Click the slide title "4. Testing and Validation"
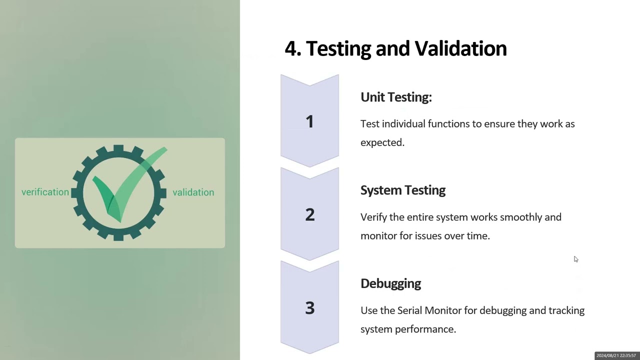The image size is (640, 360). (x=395, y=48)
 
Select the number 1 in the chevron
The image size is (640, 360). (x=309, y=121)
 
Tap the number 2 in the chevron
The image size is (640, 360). (x=309, y=214)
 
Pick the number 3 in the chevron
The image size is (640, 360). (x=309, y=308)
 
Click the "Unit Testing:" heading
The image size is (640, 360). (x=396, y=97)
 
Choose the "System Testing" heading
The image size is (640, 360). (x=403, y=190)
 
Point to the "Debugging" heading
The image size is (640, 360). (x=390, y=283)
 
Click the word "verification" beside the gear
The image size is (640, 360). (x=45, y=192)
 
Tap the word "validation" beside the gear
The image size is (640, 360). (x=193, y=192)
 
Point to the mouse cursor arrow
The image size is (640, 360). (x=575, y=259)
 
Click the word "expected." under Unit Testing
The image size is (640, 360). (x=382, y=142)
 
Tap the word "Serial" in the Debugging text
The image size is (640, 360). (x=409, y=310)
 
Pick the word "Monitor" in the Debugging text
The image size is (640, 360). (x=443, y=310)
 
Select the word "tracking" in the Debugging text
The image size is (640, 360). (x=566, y=310)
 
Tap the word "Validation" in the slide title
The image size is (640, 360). (x=460, y=48)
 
